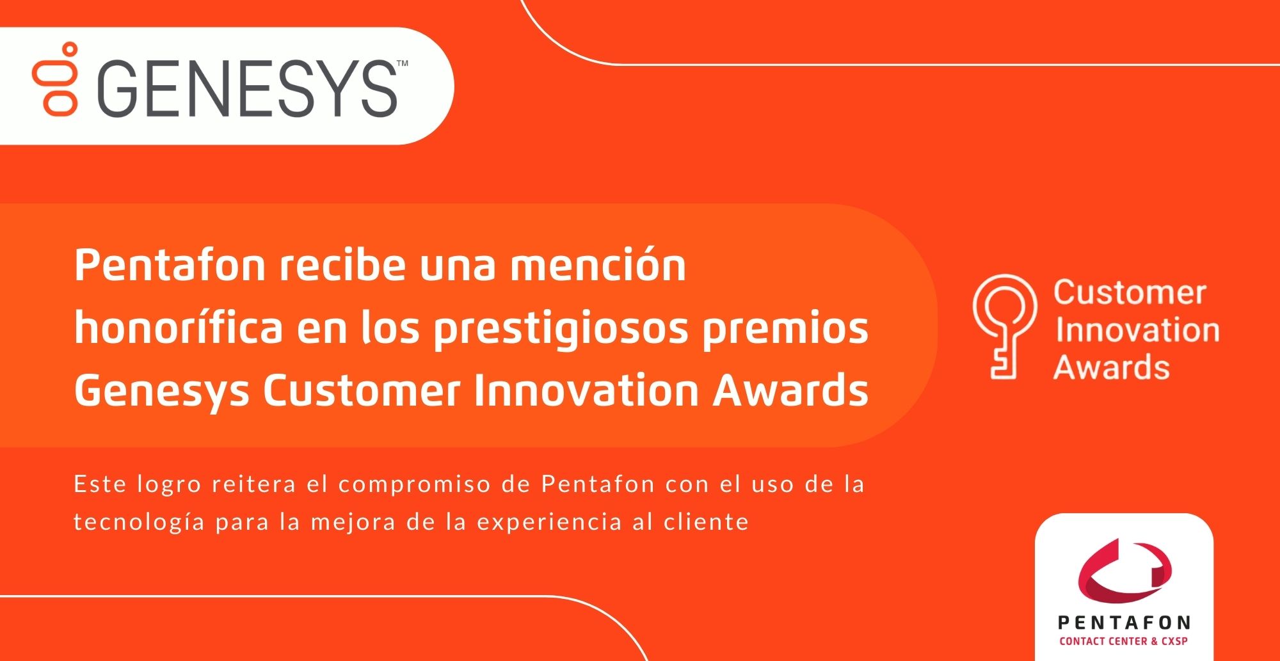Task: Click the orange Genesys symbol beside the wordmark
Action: pyautogui.click(x=55, y=79)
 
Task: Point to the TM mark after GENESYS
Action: pyautogui.click(x=403, y=63)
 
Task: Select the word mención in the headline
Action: pyautogui.click(x=598, y=264)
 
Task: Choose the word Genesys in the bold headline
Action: pyautogui.click(x=161, y=391)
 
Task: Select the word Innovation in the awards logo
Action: pyautogui.click(x=1137, y=330)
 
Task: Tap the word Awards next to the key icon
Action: pyautogui.click(x=1112, y=367)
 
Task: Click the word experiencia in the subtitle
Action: pyautogui.click(x=549, y=523)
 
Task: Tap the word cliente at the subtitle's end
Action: pyautogui.click(x=706, y=522)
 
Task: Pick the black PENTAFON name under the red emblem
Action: pyautogui.click(x=1124, y=623)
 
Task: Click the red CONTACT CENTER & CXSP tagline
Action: pyautogui.click(x=1123, y=641)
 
